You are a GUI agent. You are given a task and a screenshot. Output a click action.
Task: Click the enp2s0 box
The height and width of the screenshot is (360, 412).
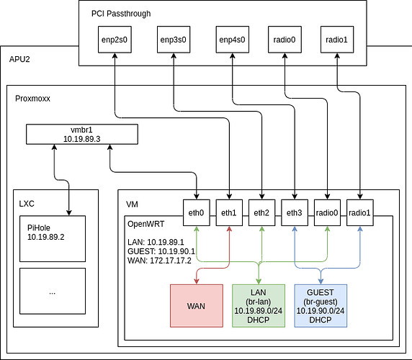(x=115, y=40)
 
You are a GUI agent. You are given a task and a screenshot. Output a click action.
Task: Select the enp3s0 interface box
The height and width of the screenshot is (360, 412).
(x=174, y=40)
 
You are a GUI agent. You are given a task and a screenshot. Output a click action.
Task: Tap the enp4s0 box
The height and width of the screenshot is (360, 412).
(x=232, y=40)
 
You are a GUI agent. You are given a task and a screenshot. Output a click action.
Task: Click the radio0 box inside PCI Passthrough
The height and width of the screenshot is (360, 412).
(x=285, y=40)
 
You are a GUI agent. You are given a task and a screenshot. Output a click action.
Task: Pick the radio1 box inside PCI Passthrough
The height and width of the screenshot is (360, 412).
(x=337, y=40)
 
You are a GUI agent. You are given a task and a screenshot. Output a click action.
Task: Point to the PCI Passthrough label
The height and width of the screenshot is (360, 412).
(x=121, y=14)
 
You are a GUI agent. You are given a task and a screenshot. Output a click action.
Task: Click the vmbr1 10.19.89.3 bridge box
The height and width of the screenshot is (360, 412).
(x=82, y=134)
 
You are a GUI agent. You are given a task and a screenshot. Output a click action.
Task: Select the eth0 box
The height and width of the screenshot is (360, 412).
(x=197, y=212)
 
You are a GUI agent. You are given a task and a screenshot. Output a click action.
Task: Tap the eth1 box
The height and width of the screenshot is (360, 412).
(x=229, y=212)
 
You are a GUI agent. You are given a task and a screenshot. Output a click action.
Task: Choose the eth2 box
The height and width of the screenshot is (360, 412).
(x=261, y=212)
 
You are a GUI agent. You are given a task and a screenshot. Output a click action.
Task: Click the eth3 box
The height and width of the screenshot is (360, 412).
(x=295, y=212)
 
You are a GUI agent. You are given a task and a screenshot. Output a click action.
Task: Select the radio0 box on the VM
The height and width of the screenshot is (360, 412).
(x=327, y=212)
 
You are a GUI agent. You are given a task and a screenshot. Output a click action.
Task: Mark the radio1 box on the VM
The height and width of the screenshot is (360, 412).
(x=359, y=212)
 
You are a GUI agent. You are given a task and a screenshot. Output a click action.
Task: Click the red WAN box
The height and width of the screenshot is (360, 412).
(x=197, y=306)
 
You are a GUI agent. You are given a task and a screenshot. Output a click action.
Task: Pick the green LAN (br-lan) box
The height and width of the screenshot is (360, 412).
(x=259, y=306)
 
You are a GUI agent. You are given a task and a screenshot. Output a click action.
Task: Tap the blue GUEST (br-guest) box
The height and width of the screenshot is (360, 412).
(x=321, y=306)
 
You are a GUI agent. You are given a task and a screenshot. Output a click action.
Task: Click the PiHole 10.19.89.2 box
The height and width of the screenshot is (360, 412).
(x=53, y=239)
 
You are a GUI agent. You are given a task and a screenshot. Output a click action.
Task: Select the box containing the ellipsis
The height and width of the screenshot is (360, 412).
(x=53, y=291)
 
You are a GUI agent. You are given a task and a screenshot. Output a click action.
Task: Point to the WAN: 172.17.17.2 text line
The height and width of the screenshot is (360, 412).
(x=159, y=261)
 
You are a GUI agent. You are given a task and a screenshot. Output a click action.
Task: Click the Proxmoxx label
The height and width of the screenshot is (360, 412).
(x=32, y=99)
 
